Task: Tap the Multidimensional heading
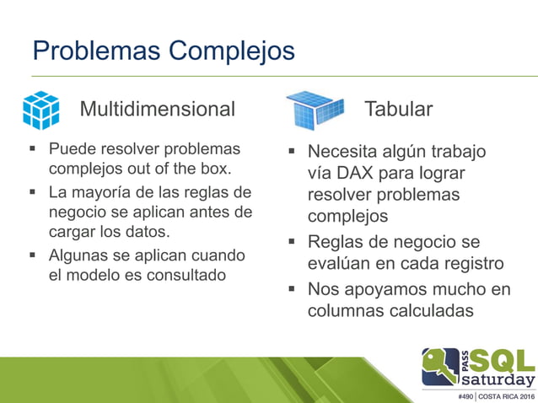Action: [x=157, y=109]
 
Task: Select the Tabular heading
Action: [x=398, y=109]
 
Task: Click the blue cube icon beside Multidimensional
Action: [x=40, y=110]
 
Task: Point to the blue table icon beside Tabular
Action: [x=315, y=110]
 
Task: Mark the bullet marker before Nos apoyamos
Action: [x=290, y=289]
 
